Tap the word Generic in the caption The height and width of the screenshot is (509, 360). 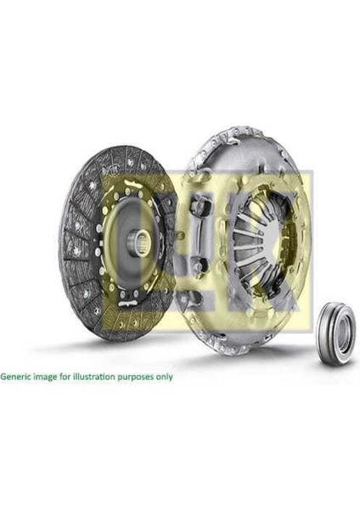point(18,375)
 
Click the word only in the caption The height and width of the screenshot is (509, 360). point(166,375)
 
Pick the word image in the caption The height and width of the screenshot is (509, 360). point(49,375)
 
